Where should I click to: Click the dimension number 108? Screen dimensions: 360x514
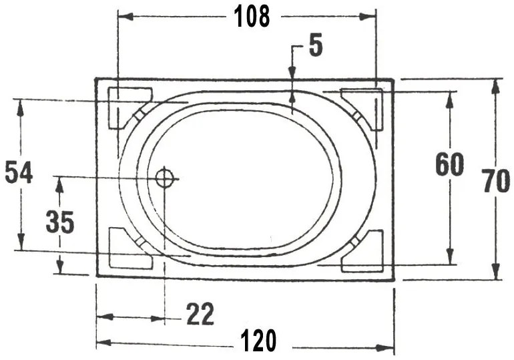[x=252, y=15]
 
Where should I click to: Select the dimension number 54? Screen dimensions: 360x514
[x=19, y=172]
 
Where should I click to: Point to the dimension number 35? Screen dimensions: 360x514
[x=59, y=221]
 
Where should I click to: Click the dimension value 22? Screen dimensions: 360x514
[x=200, y=314]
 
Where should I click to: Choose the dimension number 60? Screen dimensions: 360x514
[x=449, y=164]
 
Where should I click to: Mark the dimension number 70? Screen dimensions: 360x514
[x=496, y=181]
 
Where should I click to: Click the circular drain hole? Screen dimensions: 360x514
[x=164, y=178]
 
